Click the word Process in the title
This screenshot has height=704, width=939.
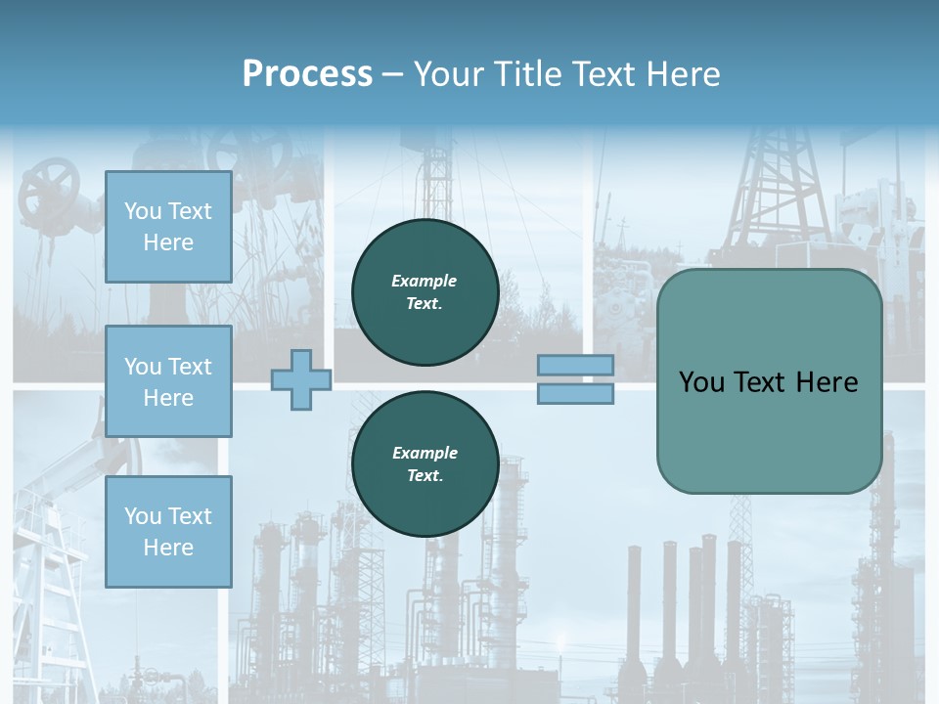(307, 74)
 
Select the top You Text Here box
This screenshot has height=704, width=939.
(168, 227)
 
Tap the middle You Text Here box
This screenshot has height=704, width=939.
(168, 381)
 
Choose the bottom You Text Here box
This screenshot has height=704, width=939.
(168, 532)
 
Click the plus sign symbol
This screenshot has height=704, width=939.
(301, 379)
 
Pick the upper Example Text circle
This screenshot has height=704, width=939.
(425, 292)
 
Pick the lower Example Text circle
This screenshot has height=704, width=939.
(425, 464)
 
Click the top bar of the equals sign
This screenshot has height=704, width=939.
(575, 366)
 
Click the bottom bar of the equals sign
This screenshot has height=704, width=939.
(575, 394)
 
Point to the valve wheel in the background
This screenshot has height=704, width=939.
(51, 186)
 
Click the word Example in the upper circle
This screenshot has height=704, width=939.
(425, 281)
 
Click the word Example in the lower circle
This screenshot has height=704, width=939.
(425, 453)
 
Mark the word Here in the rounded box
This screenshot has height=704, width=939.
(827, 382)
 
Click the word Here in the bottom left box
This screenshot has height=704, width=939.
(168, 548)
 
